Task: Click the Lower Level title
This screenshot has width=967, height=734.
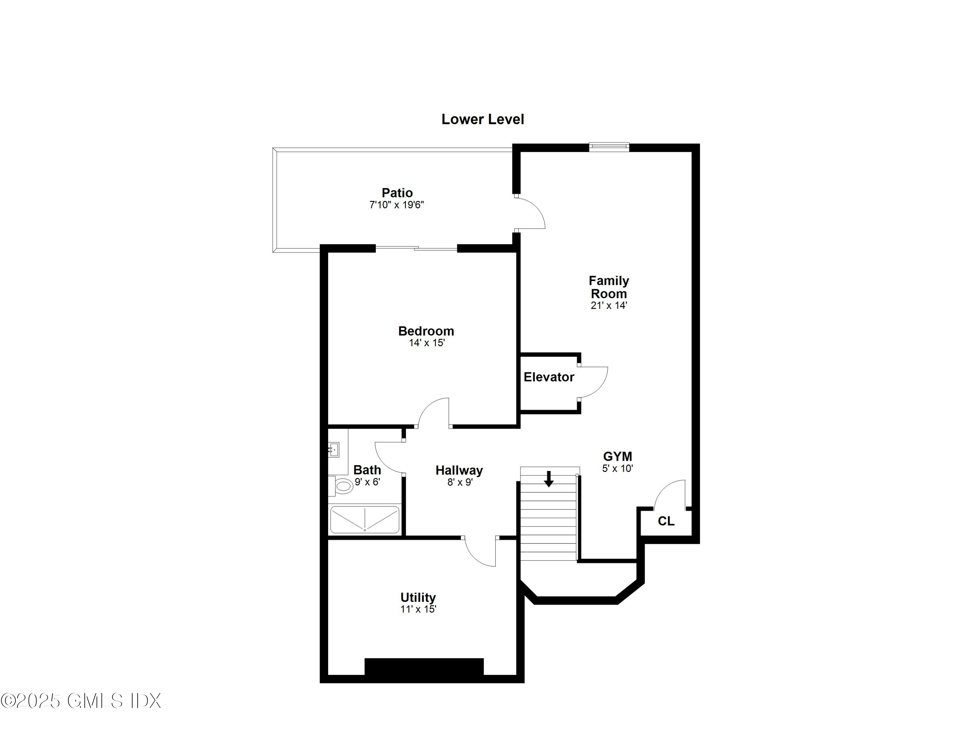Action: [x=482, y=119]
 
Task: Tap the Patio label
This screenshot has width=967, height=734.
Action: [x=397, y=193]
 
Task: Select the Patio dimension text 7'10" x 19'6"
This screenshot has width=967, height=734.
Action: [x=396, y=205]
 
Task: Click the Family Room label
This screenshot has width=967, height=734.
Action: [x=609, y=287]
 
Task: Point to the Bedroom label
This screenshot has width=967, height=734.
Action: [x=426, y=331]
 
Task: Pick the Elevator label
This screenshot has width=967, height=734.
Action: [x=549, y=377]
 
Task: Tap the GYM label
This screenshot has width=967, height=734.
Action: [x=617, y=456]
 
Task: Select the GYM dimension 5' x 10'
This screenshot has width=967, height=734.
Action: [x=617, y=468]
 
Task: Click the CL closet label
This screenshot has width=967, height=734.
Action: [x=666, y=521]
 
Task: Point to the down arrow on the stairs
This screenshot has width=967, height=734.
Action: [x=549, y=479]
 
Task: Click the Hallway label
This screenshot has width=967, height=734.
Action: [x=459, y=470]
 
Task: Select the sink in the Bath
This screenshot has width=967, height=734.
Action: [x=334, y=449]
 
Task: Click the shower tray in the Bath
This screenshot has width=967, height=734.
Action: [x=365, y=520]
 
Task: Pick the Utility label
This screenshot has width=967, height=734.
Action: [x=418, y=597]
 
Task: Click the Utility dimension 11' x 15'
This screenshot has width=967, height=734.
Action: [x=418, y=609]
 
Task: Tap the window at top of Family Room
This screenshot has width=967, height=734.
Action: [x=609, y=147]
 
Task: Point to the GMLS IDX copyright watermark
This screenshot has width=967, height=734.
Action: [x=81, y=701]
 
